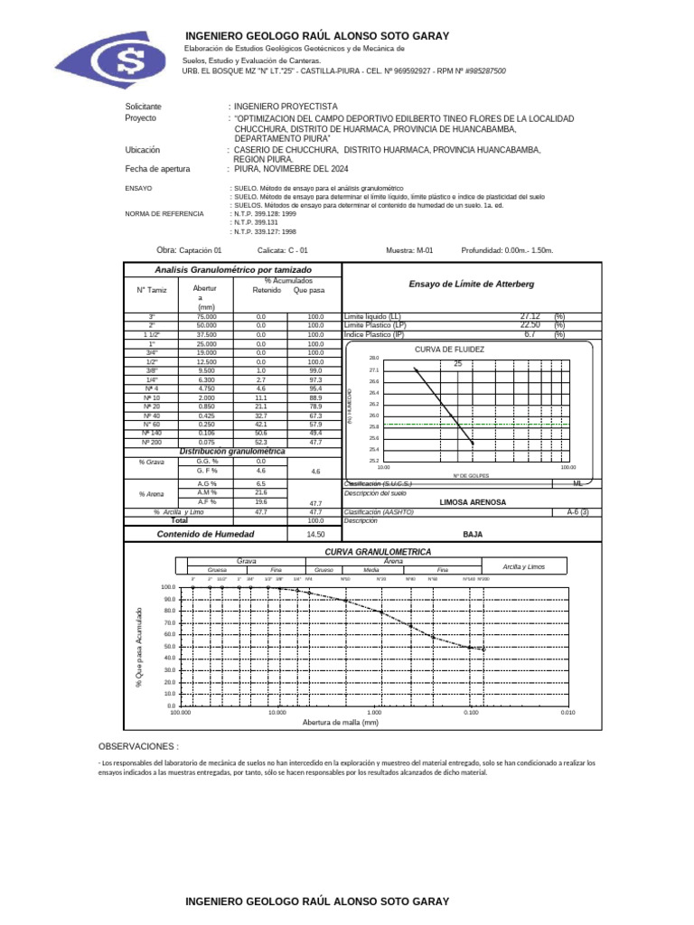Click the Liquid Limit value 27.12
tap(530, 316)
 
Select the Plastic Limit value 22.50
tap(530, 325)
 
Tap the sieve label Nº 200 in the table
tap(153, 443)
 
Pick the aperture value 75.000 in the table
tap(206, 317)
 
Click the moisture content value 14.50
tap(290, 534)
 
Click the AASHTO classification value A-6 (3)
tap(577, 511)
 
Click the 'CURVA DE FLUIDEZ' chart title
tap(449, 349)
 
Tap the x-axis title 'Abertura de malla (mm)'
tap(341, 723)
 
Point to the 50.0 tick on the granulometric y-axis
tap(168, 647)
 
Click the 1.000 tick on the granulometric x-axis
tap(374, 713)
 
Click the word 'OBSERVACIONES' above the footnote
tap(137, 747)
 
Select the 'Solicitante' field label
tap(143, 107)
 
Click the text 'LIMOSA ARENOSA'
tap(473, 502)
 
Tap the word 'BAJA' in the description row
tap(473, 534)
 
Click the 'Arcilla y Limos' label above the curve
tap(524, 566)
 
